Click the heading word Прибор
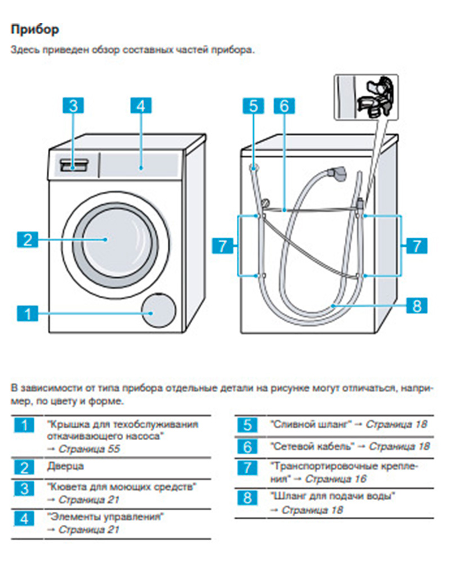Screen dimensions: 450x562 point(35,29)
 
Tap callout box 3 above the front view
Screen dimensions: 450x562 point(73,106)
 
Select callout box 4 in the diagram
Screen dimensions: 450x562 point(141,106)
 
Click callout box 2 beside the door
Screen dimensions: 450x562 point(28,239)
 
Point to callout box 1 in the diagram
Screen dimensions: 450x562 point(28,313)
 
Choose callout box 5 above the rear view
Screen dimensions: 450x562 point(253,106)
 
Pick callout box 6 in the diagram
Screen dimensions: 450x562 point(284,106)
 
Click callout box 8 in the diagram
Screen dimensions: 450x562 point(417,305)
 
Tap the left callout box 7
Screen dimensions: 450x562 point(223,246)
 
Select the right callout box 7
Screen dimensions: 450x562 point(417,246)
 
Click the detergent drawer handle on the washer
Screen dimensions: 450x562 point(75,166)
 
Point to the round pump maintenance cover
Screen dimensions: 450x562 point(159,310)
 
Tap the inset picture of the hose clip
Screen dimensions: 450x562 point(366,97)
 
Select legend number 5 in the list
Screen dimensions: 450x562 point(247,425)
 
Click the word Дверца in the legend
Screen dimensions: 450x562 point(65,466)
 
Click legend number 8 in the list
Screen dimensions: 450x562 point(247,498)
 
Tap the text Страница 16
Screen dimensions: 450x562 point(335,478)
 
